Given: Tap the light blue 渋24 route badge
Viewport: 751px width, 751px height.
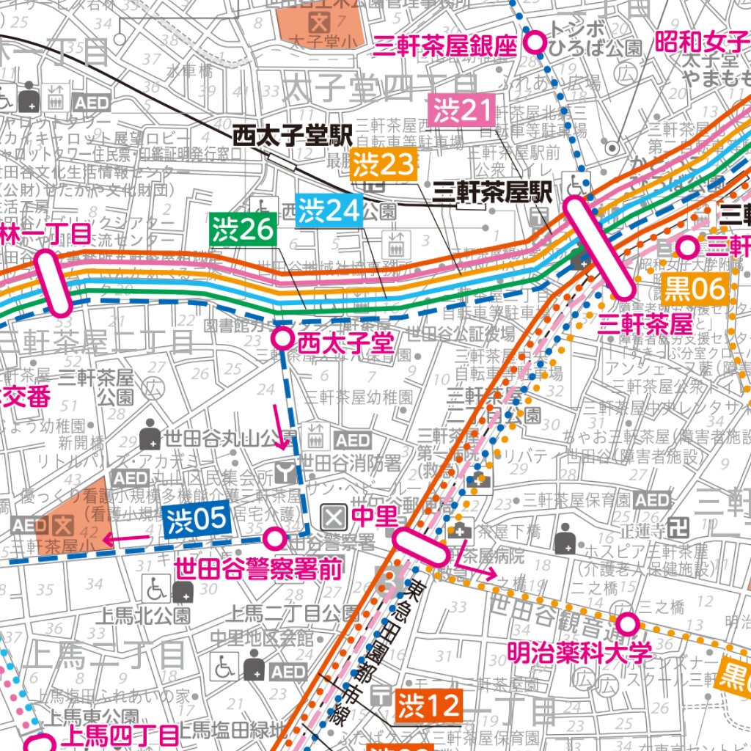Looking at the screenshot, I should tap(329, 210).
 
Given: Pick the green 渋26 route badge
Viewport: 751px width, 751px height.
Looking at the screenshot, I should tap(243, 230).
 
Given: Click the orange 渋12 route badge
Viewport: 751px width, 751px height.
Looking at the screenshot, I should tap(430, 706).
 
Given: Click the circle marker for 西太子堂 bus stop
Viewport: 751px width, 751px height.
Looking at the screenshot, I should tap(282, 339).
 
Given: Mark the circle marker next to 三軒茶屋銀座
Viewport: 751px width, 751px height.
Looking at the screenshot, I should tap(536, 43).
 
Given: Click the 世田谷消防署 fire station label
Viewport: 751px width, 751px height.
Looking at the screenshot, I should tap(351, 464).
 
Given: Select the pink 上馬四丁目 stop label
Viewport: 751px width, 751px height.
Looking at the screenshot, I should tap(120, 735).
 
